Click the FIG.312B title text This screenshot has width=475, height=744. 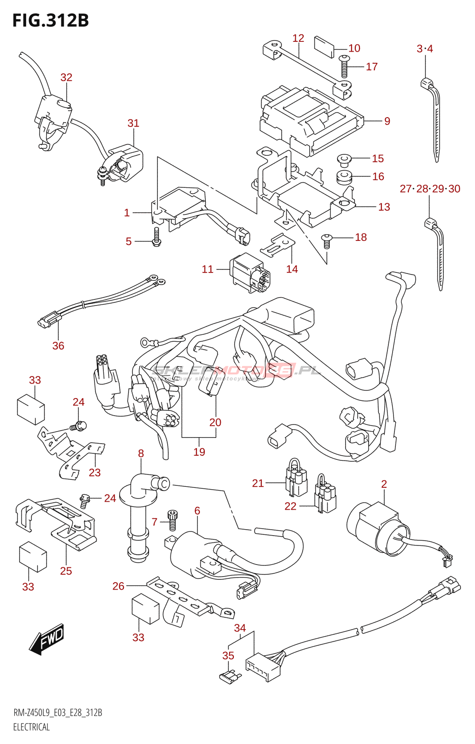[50, 20]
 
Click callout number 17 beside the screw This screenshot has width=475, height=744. [372, 67]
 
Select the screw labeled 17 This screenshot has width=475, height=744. [345, 66]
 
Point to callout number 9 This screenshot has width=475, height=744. [387, 121]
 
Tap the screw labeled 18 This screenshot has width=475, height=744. [327, 240]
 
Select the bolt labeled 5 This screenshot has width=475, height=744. [156, 236]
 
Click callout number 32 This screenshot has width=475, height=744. [66, 78]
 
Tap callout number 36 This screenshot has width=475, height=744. [58, 345]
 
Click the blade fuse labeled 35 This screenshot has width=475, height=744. [229, 678]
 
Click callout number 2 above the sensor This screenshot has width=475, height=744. [384, 484]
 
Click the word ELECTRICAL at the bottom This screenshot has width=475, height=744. [31, 727]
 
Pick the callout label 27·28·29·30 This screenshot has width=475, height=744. [430, 189]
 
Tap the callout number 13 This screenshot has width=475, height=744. [384, 207]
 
